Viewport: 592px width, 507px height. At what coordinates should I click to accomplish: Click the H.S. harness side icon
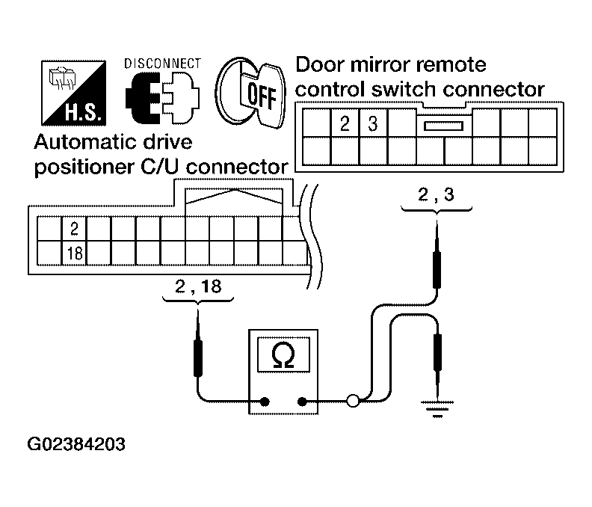coord(73,93)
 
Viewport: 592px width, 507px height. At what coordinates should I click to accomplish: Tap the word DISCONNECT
coord(163,64)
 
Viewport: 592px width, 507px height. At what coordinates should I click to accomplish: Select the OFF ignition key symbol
coord(250,93)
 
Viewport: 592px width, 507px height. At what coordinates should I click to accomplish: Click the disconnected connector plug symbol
coord(163,97)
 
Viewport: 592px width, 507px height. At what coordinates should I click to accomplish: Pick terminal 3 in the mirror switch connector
coord(373,123)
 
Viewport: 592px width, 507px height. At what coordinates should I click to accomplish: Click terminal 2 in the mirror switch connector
coord(345,123)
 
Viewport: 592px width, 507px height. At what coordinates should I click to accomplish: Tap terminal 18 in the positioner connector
coord(75,253)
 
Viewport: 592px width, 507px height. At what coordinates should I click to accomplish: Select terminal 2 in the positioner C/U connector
coord(75,229)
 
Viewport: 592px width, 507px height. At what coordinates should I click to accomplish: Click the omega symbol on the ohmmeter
coord(283,356)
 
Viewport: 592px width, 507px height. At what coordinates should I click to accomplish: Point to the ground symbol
coord(437,409)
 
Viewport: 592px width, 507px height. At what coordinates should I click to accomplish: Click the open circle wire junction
coord(353,401)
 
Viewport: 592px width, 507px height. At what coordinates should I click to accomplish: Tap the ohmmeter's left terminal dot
coord(265,402)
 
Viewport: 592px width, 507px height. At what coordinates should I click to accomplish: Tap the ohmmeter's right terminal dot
coord(302,402)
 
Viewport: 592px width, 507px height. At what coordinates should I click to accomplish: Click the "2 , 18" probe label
coord(198,286)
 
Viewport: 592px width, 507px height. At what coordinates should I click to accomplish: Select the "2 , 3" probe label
coord(436,195)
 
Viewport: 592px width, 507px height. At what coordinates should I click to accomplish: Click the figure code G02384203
coord(76,444)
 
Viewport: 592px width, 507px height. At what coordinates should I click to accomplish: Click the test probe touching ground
coord(437,360)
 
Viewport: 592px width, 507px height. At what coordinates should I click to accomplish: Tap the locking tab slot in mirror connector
coord(443,126)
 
